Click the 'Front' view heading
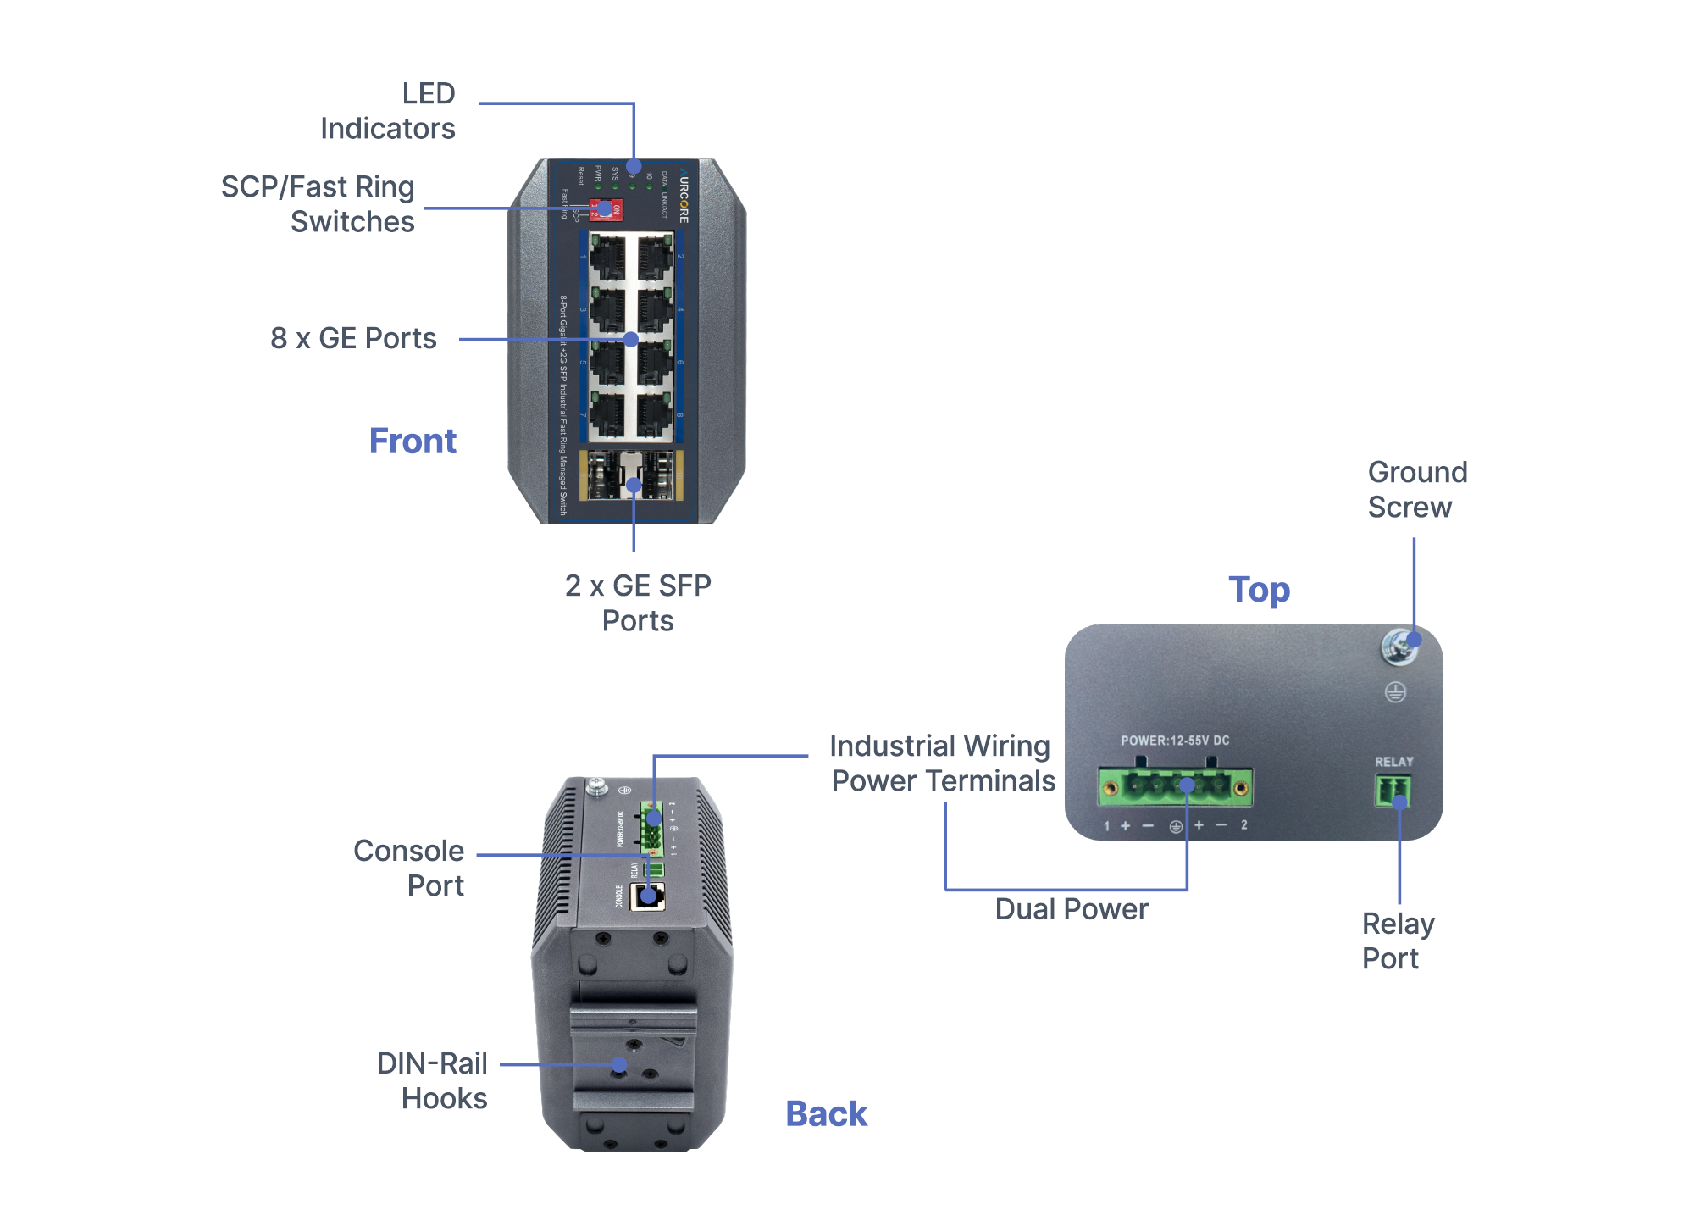[x=413, y=441]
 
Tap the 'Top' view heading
[x=1259, y=590]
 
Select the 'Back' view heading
[x=826, y=1113]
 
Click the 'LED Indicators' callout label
[x=387, y=111]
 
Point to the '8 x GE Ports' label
[x=353, y=338]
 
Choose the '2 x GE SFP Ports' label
[x=638, y=602]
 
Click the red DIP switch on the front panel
[x=606, y=209]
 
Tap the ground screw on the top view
[x=1399, y=647]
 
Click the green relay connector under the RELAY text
[x=1393, y=791]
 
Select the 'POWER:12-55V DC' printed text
[x=1175, y=741]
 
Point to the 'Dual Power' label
[x=1071, y=909]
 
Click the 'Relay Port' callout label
[x=1398, y=941]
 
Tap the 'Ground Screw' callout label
[x=1417, y=490]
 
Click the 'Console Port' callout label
[x=408, y=868]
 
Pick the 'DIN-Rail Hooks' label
[x=432, y=1080]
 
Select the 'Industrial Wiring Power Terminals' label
[x=943, y=763]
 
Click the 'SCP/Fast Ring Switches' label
[x=318, y=204]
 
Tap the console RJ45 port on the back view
[x=648, y=896]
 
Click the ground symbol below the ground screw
[x=1395, y=692]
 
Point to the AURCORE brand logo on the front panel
[x=683, y=195]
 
